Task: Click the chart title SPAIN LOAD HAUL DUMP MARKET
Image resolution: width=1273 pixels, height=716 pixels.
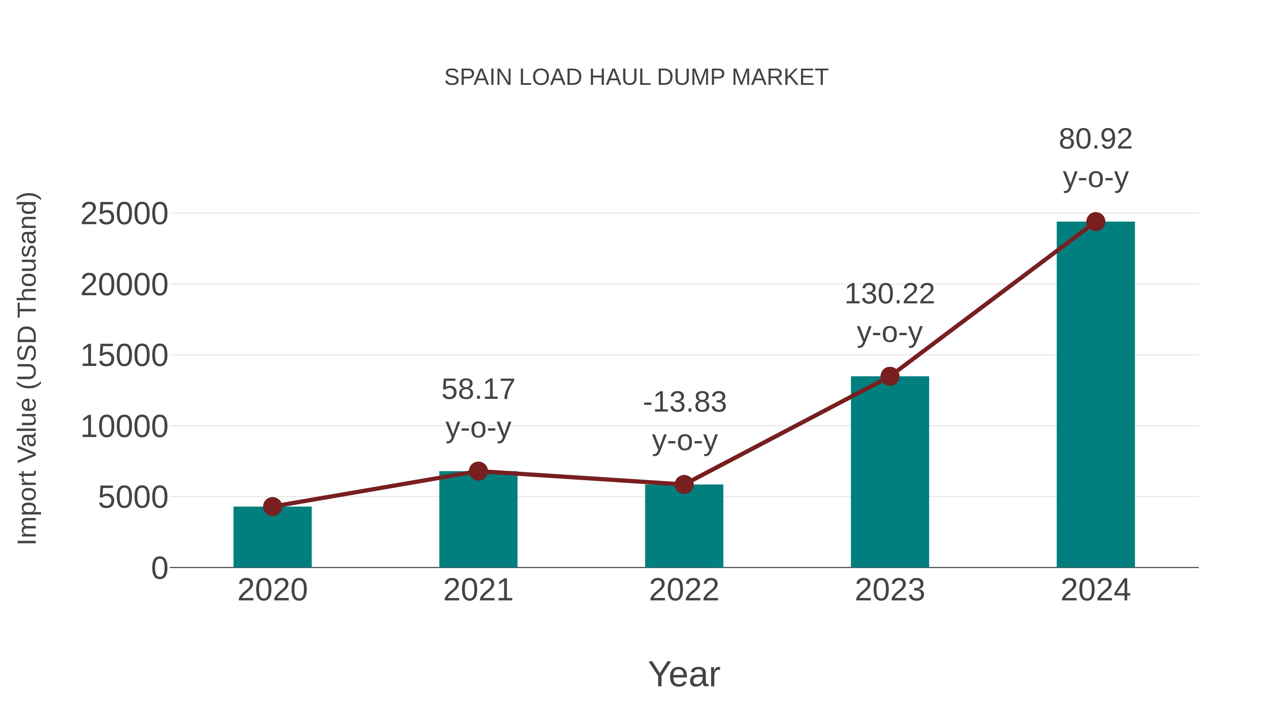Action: pyautogui.click(x=636, y=77)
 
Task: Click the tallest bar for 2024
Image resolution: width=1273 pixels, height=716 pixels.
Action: pyautogui.click(x=1095, y=395)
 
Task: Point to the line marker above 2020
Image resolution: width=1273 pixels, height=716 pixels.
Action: pyautogui.click(x=272, y=506)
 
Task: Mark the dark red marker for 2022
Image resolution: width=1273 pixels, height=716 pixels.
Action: pyautogui.click(x=684, y=485)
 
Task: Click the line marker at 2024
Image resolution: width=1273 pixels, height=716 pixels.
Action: pyautogui.click(x=1095, y=222)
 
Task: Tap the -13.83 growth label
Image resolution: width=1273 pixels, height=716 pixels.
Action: pyautogui.click(x=685, y=421)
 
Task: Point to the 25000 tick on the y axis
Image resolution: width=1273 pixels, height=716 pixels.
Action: pyautogui.click(x=124, y=215)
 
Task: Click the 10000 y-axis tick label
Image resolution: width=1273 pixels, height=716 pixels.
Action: pyautogui.click(x=124, y=427)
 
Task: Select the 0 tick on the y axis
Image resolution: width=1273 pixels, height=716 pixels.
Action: pyautogui.click(x=159, y=568)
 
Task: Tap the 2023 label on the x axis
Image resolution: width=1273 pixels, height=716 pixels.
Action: pyautogui.click(x=890, y=590)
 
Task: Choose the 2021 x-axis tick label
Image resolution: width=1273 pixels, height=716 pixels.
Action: pyautogui.click(x=478, y=590)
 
